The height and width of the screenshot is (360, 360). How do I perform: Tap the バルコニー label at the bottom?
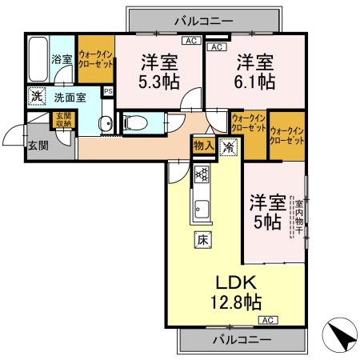click(242, 338)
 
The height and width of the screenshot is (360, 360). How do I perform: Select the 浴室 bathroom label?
click(62, 58)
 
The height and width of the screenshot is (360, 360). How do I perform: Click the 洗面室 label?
click(70, 98)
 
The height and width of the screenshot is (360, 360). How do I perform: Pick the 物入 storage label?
click(203, 145)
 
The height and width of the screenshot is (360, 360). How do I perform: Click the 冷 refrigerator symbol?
click(227, 146)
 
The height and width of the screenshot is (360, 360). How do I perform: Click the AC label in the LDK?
click(267, 320)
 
